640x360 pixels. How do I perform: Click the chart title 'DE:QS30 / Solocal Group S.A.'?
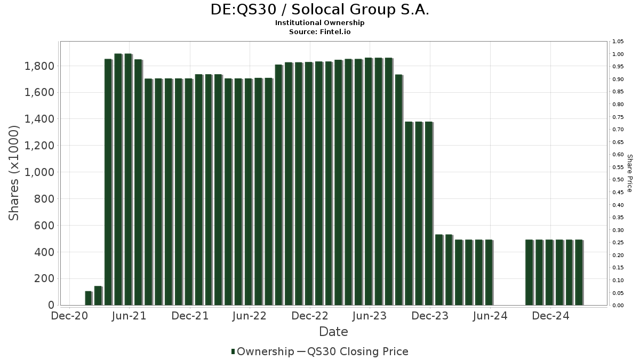pos(320,10)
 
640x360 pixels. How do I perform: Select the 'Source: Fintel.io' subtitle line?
pos(320,32)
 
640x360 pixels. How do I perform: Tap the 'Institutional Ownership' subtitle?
pos(320,23)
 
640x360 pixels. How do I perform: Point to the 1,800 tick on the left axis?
pos(39,66)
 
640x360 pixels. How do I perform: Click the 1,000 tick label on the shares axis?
pos(39,172)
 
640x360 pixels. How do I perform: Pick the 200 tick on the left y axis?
pos(44,278)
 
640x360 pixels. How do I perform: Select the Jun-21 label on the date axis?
pos(129,316)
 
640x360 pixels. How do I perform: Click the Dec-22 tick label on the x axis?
pos(310,316)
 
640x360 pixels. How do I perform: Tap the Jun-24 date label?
pos(490,316)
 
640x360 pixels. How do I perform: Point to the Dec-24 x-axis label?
pos(550,316)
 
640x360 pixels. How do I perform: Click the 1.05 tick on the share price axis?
pos(618,42)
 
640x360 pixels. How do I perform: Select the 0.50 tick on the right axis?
pos(618,180)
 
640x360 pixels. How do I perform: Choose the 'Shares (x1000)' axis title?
pos(14,173)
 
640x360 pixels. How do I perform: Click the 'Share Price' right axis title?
pos(629,173)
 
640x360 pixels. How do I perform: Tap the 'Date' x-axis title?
pos(333,332)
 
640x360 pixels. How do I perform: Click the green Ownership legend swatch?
pos(233,351)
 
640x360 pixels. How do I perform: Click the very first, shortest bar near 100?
pos(88,298)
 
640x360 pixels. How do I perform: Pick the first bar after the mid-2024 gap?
pos(529,273)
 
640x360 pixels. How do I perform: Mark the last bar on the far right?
pos(579,273)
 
